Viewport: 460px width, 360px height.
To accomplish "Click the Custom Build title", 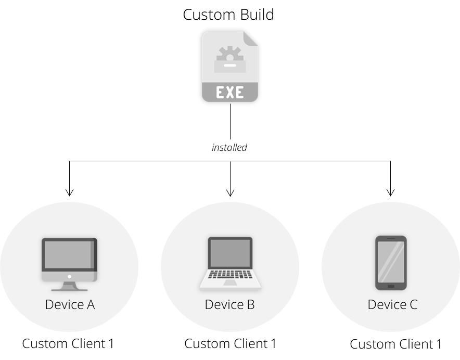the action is pos(228,15).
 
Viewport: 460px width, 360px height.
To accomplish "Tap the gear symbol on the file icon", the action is pos(229,54).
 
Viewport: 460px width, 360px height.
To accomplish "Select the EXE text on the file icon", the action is pos(229,92).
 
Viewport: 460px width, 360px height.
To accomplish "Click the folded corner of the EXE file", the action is pos(251,38).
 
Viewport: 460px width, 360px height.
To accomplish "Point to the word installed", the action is pos(229,147).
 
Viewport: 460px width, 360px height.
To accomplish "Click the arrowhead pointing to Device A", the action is pos(70,192).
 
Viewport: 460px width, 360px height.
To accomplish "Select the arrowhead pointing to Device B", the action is pos(231,192).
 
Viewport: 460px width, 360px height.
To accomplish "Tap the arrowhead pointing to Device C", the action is pos(390,192).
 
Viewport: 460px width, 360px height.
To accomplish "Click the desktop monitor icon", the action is pos(70,264).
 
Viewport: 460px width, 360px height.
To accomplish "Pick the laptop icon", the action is pos(231,263).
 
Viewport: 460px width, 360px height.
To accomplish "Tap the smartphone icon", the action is pos(391,263).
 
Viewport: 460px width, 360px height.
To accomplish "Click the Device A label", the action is pos(70,304).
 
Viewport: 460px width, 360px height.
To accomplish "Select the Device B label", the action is pos(229,304).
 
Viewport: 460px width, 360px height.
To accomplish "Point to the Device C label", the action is pos(392,304).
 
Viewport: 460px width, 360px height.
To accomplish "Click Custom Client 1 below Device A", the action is pos(68,343).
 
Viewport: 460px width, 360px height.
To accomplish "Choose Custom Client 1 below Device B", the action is pos(231,343).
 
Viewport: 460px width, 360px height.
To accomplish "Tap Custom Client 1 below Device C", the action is pos(396,344).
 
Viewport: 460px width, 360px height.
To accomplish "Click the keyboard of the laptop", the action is pos(231,275).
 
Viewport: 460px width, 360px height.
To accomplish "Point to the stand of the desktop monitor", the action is pos(70,287).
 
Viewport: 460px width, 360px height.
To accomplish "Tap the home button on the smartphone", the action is pos(391,286).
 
